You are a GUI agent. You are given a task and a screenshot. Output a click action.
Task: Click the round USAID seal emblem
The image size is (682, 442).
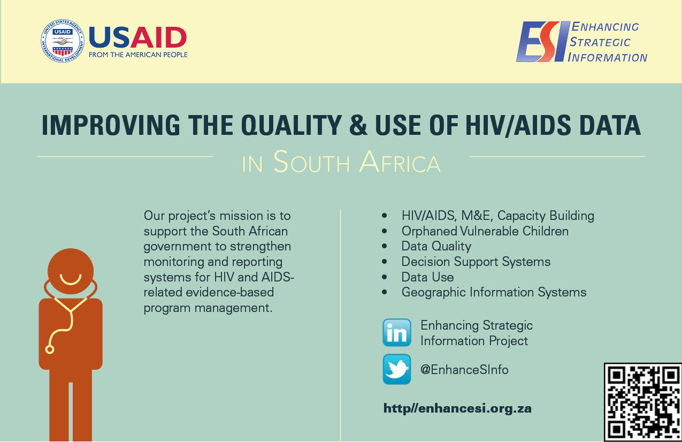point(63,41)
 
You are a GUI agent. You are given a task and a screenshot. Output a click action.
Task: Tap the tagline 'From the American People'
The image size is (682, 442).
point(138,55)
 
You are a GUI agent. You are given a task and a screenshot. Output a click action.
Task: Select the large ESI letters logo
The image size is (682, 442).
point(543,42)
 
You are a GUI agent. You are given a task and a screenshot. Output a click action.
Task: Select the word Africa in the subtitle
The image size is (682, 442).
point(400,162)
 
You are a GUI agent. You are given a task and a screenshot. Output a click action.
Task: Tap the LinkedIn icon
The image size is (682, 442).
point(397,332)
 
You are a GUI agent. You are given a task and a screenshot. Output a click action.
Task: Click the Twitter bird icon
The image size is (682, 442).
point(397,369)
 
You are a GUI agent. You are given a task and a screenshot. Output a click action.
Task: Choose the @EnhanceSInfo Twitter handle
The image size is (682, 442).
point(464,370)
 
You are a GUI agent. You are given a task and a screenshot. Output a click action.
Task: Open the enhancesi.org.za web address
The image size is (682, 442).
point(457,408)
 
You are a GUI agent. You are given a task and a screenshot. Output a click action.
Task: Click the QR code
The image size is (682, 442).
point(643,402)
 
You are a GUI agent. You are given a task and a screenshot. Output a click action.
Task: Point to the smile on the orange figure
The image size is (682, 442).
point(70,280)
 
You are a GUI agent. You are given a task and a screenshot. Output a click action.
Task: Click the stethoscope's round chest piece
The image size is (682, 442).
point(50,349)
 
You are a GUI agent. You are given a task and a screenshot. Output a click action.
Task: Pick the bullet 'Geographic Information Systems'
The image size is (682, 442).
point(494,292)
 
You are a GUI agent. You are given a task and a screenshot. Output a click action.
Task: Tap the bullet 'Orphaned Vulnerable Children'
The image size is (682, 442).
point(485,231)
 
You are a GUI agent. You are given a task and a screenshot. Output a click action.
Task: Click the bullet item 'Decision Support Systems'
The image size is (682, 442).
point(476,262)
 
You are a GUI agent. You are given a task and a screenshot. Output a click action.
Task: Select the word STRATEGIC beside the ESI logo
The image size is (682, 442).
point(600,42)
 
